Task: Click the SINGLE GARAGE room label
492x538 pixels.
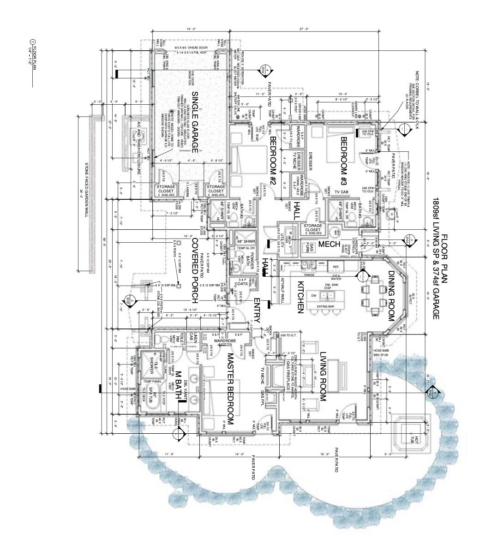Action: [194, 122]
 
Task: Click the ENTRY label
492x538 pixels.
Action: [257, 310]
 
